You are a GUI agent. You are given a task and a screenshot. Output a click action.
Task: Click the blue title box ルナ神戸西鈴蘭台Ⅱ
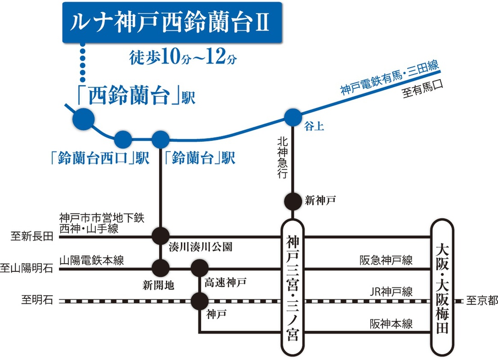[172, 22]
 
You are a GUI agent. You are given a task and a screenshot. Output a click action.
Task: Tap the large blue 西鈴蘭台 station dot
[83, 119]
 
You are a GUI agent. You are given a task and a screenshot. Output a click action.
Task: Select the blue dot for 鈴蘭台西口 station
[122, 139]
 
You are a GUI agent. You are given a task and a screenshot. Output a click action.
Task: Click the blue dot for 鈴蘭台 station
[161, 139]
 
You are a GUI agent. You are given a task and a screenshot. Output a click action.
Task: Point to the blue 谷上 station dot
[292, 118]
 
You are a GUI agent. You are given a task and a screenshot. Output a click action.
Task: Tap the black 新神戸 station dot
[292, 201]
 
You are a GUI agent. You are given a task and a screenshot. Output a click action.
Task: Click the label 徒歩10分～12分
[183, 58]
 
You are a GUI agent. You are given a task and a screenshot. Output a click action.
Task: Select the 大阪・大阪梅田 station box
[442, 288]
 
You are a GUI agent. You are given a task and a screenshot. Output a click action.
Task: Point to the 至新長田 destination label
[31, 236]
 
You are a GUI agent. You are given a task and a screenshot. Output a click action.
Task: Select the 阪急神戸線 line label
[386, 260]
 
